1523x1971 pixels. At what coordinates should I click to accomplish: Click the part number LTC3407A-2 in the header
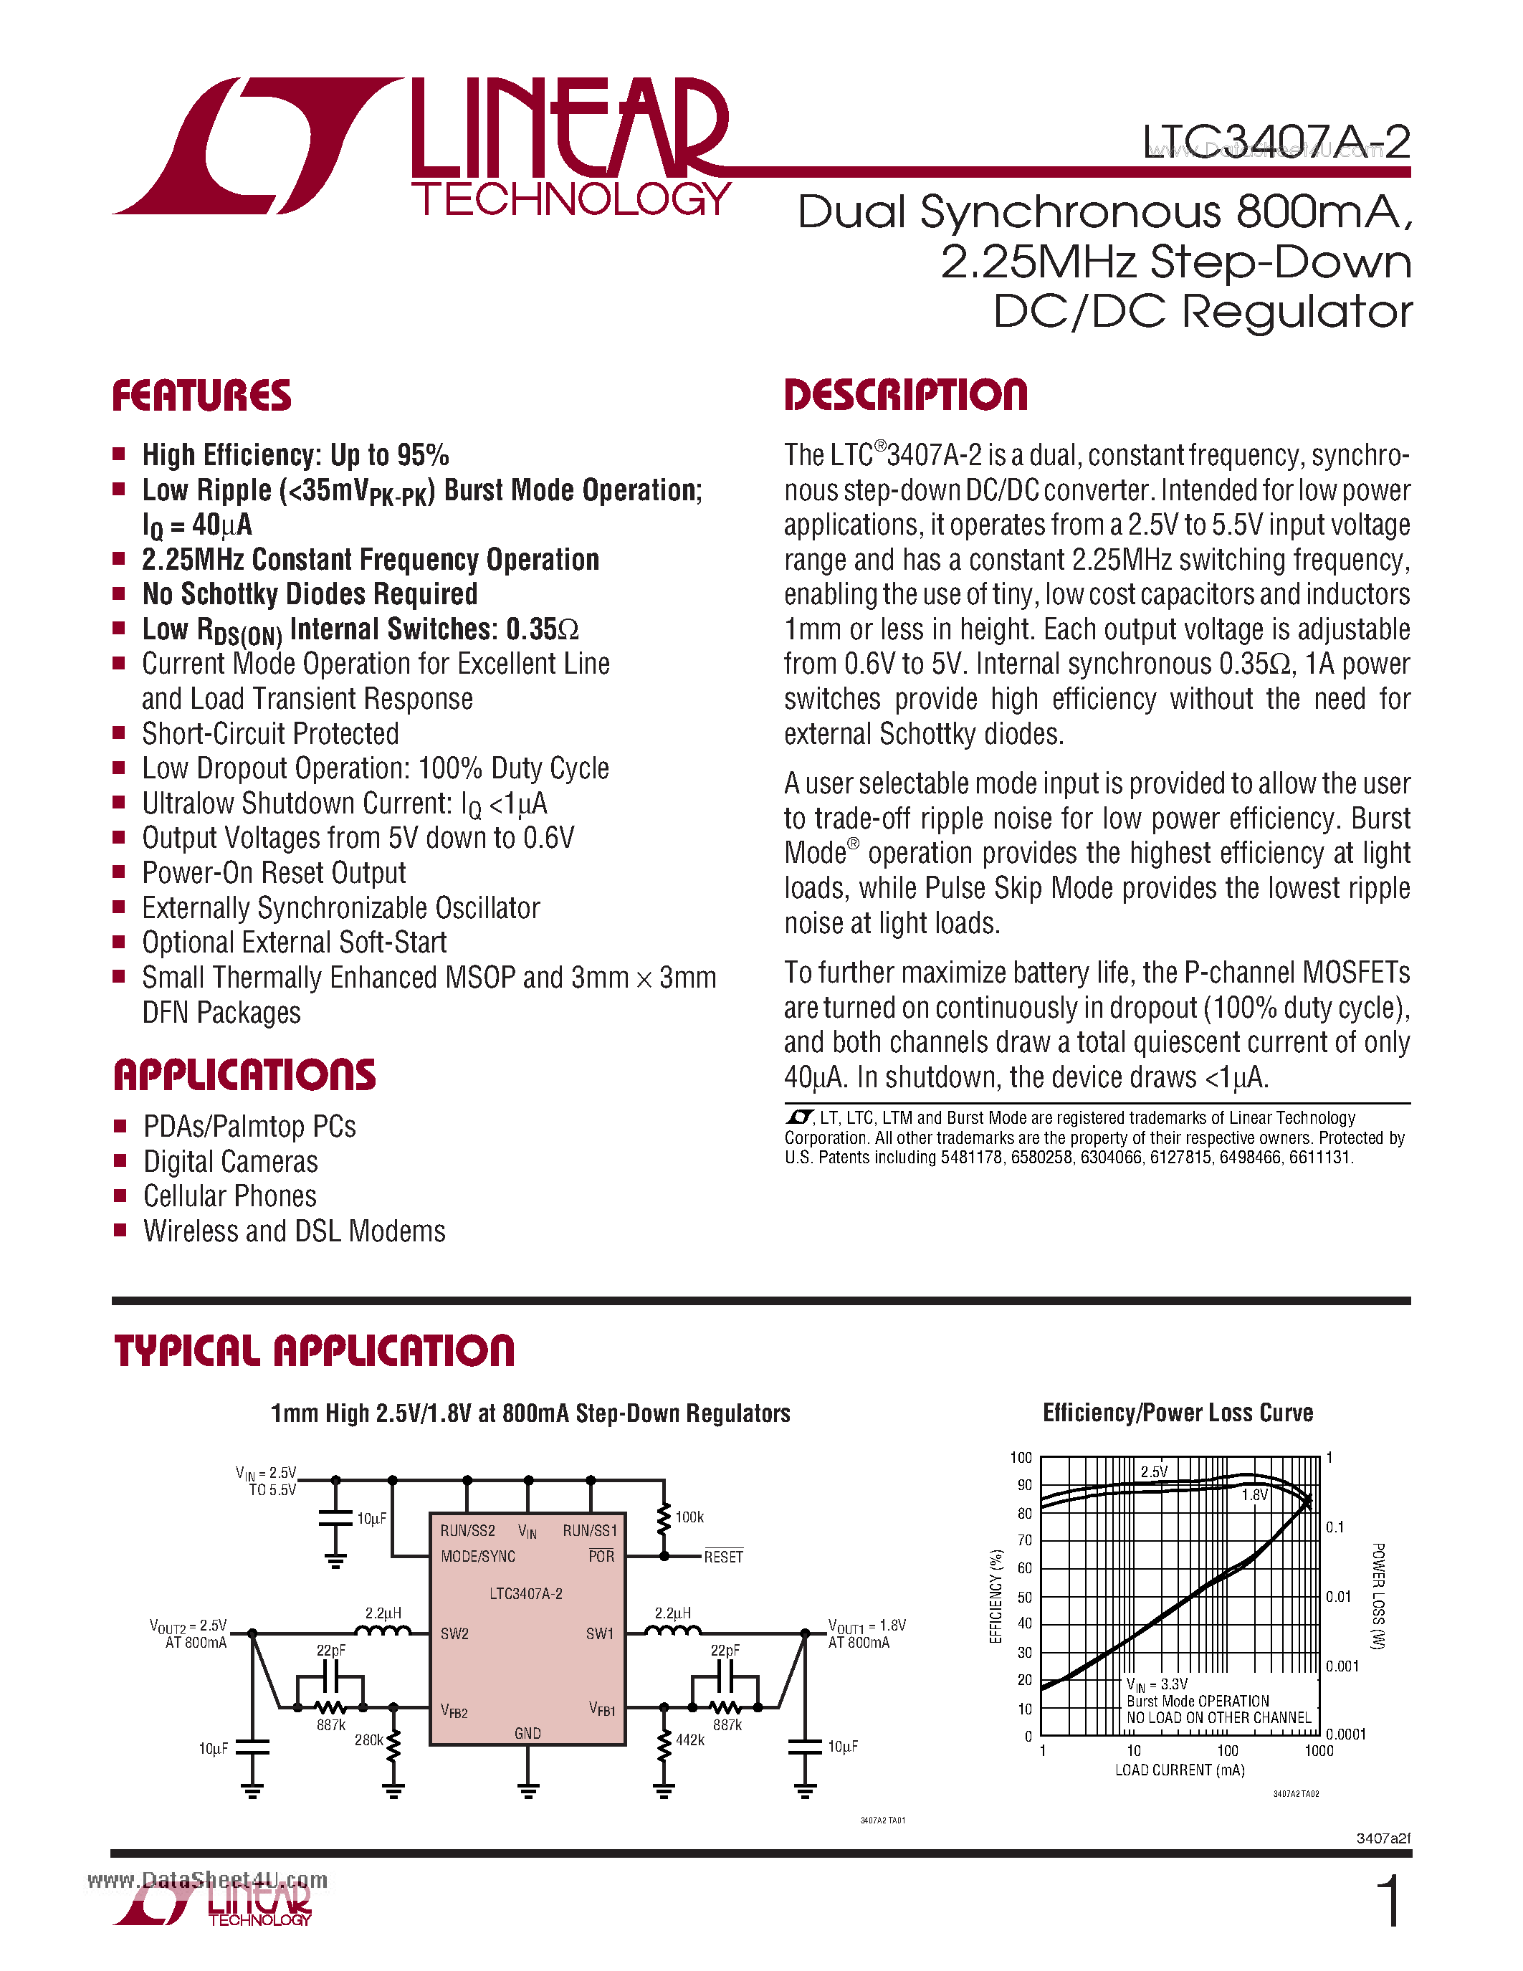tap(1276, 142)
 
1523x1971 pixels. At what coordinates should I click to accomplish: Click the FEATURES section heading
tap(201, 396)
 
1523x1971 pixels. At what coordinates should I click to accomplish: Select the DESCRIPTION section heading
tap(905, 396)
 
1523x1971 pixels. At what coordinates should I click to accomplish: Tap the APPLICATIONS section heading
tap(244, 1075)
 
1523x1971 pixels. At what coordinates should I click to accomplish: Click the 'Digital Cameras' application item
tap(230, 1162)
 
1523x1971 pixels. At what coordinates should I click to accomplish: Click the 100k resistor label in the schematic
tap(689, 1518)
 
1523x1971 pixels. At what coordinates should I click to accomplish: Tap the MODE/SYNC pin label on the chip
tap(478, 1557)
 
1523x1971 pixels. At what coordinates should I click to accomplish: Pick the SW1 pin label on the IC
tap(599, 1633)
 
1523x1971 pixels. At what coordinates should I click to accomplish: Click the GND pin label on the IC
tap(527, 1733)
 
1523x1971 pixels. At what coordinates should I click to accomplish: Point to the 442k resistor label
tap(690, 1740)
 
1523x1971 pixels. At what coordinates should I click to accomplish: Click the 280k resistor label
tap(368, 1740)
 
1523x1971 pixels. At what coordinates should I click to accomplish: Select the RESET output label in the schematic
tap(724, 1557)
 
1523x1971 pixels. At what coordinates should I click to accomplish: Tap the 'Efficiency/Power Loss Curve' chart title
tap(1178, 1413)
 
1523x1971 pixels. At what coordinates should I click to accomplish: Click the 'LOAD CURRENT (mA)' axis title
tap(1179, 1770)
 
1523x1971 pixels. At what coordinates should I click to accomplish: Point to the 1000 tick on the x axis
tap(1318, 1751)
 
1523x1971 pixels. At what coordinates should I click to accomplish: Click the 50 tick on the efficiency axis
tap(1025, 1596)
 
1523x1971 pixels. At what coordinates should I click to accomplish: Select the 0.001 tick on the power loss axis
tap(1342, 1666)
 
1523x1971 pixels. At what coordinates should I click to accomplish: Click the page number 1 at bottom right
tap(1390, 1901)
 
